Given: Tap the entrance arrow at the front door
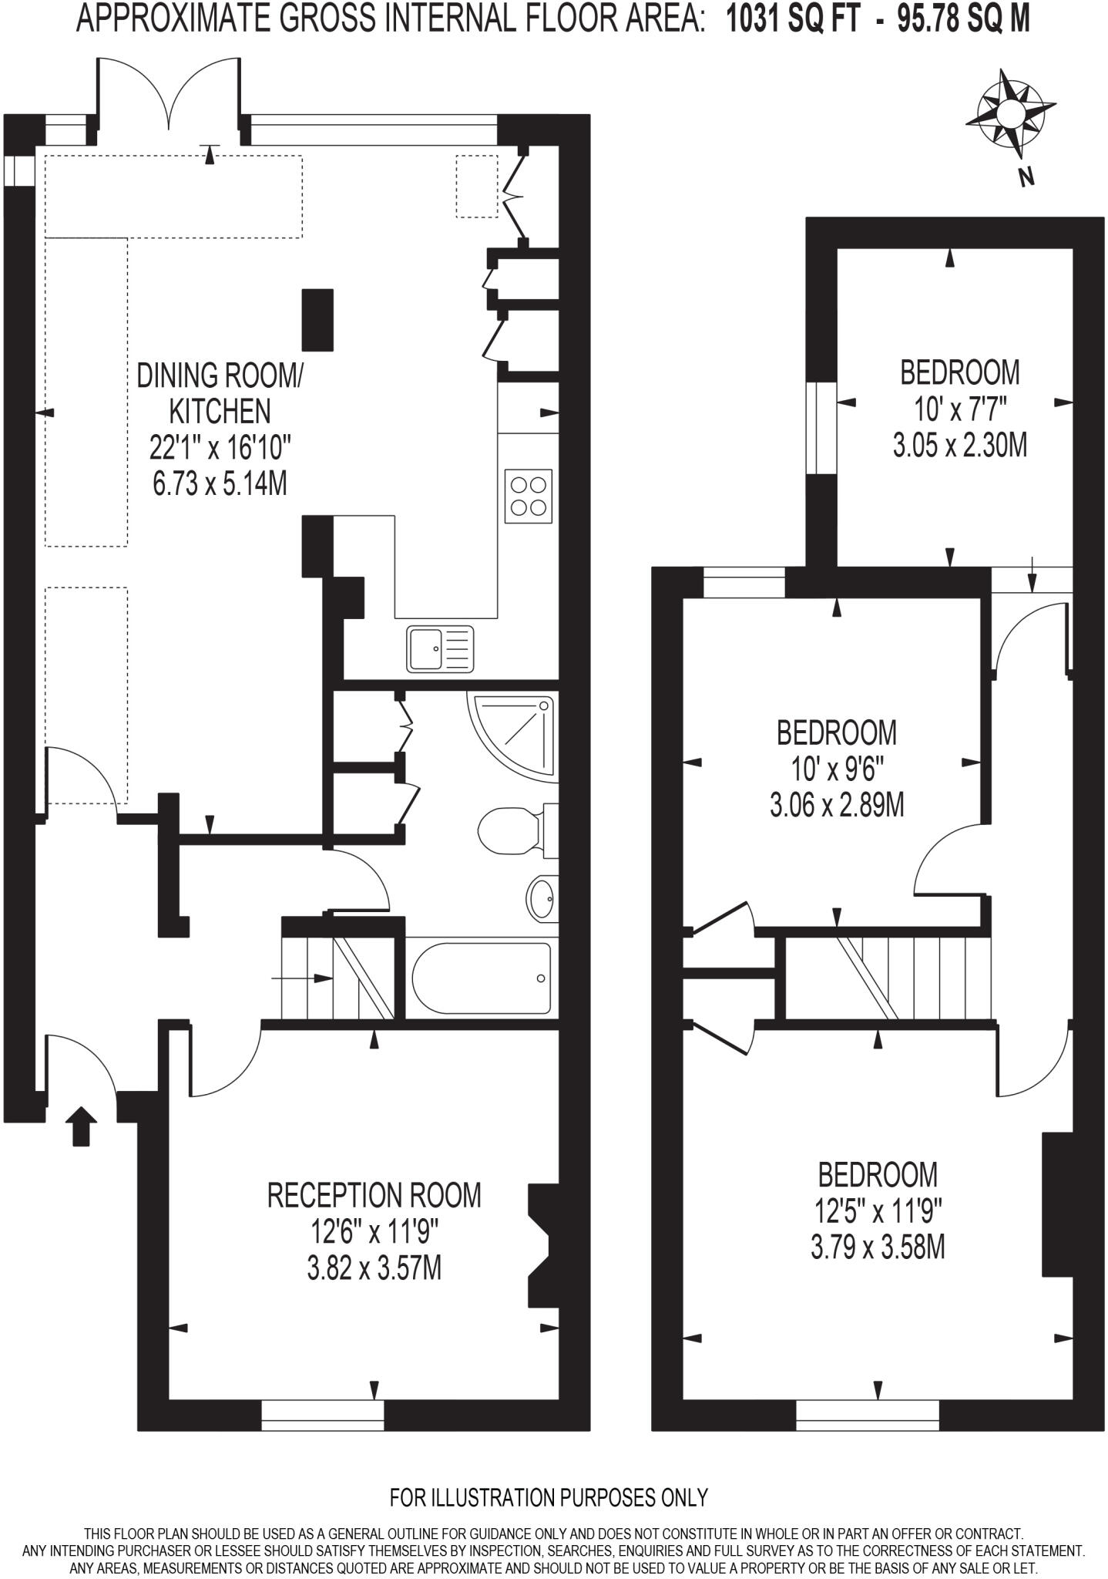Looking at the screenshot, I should point(83,1126).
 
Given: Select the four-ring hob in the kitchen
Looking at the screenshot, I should point(529,496).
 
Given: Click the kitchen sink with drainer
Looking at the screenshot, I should point(441,648).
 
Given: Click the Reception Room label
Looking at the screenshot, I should point(374,1195).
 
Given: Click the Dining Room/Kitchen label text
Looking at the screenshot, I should point(220,393).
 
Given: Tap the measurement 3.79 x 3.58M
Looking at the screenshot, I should point(878,1247).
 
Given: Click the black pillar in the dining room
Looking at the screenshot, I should point(317,319).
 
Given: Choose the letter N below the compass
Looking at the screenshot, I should point(1026,177).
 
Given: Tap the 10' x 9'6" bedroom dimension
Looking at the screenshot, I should point(836,769).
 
